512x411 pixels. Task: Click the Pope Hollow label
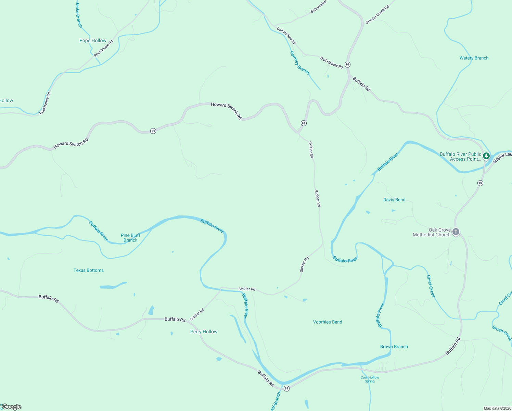click(x=93, y=40)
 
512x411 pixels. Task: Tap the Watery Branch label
click(x=474, y=58)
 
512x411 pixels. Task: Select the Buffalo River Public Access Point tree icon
click(x=486, y=156)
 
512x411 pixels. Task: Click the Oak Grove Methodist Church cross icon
click(x=456, y=232)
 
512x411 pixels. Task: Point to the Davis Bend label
click(x=394, y=200)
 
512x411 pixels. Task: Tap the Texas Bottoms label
click(x=88, y=270)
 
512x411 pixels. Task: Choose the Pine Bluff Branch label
click(x=130, y=238)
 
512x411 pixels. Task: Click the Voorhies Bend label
click(x=327, y=322)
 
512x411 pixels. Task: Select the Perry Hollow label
click(x=204, y=332)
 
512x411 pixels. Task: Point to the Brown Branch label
click(x=394, y=347)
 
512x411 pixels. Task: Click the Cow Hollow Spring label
click(x=370, y=379)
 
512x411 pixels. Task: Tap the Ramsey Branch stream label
click(x=299, y=63)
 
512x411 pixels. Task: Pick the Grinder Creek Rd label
click(x=377, y=15)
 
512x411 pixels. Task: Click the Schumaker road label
click(x=318, y=7)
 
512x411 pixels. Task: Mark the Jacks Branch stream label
click(x=79, y=14)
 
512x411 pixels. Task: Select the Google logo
click(x=11, y=407)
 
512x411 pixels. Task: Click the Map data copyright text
click(x=497, y=408)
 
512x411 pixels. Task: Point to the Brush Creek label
click(x=502, y=333)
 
